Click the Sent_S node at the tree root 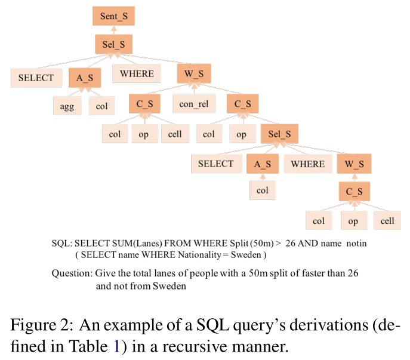coord(113,16)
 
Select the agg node coord(66,107)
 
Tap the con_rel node coord(194,103)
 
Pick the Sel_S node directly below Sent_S coord(113,45)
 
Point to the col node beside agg coord(101,107)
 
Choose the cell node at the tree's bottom coord(387,220)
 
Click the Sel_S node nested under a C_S coord(279,134)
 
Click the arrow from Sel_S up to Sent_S coord(113,30)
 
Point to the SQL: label coord(62,243)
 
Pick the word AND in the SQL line coord(306,243)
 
